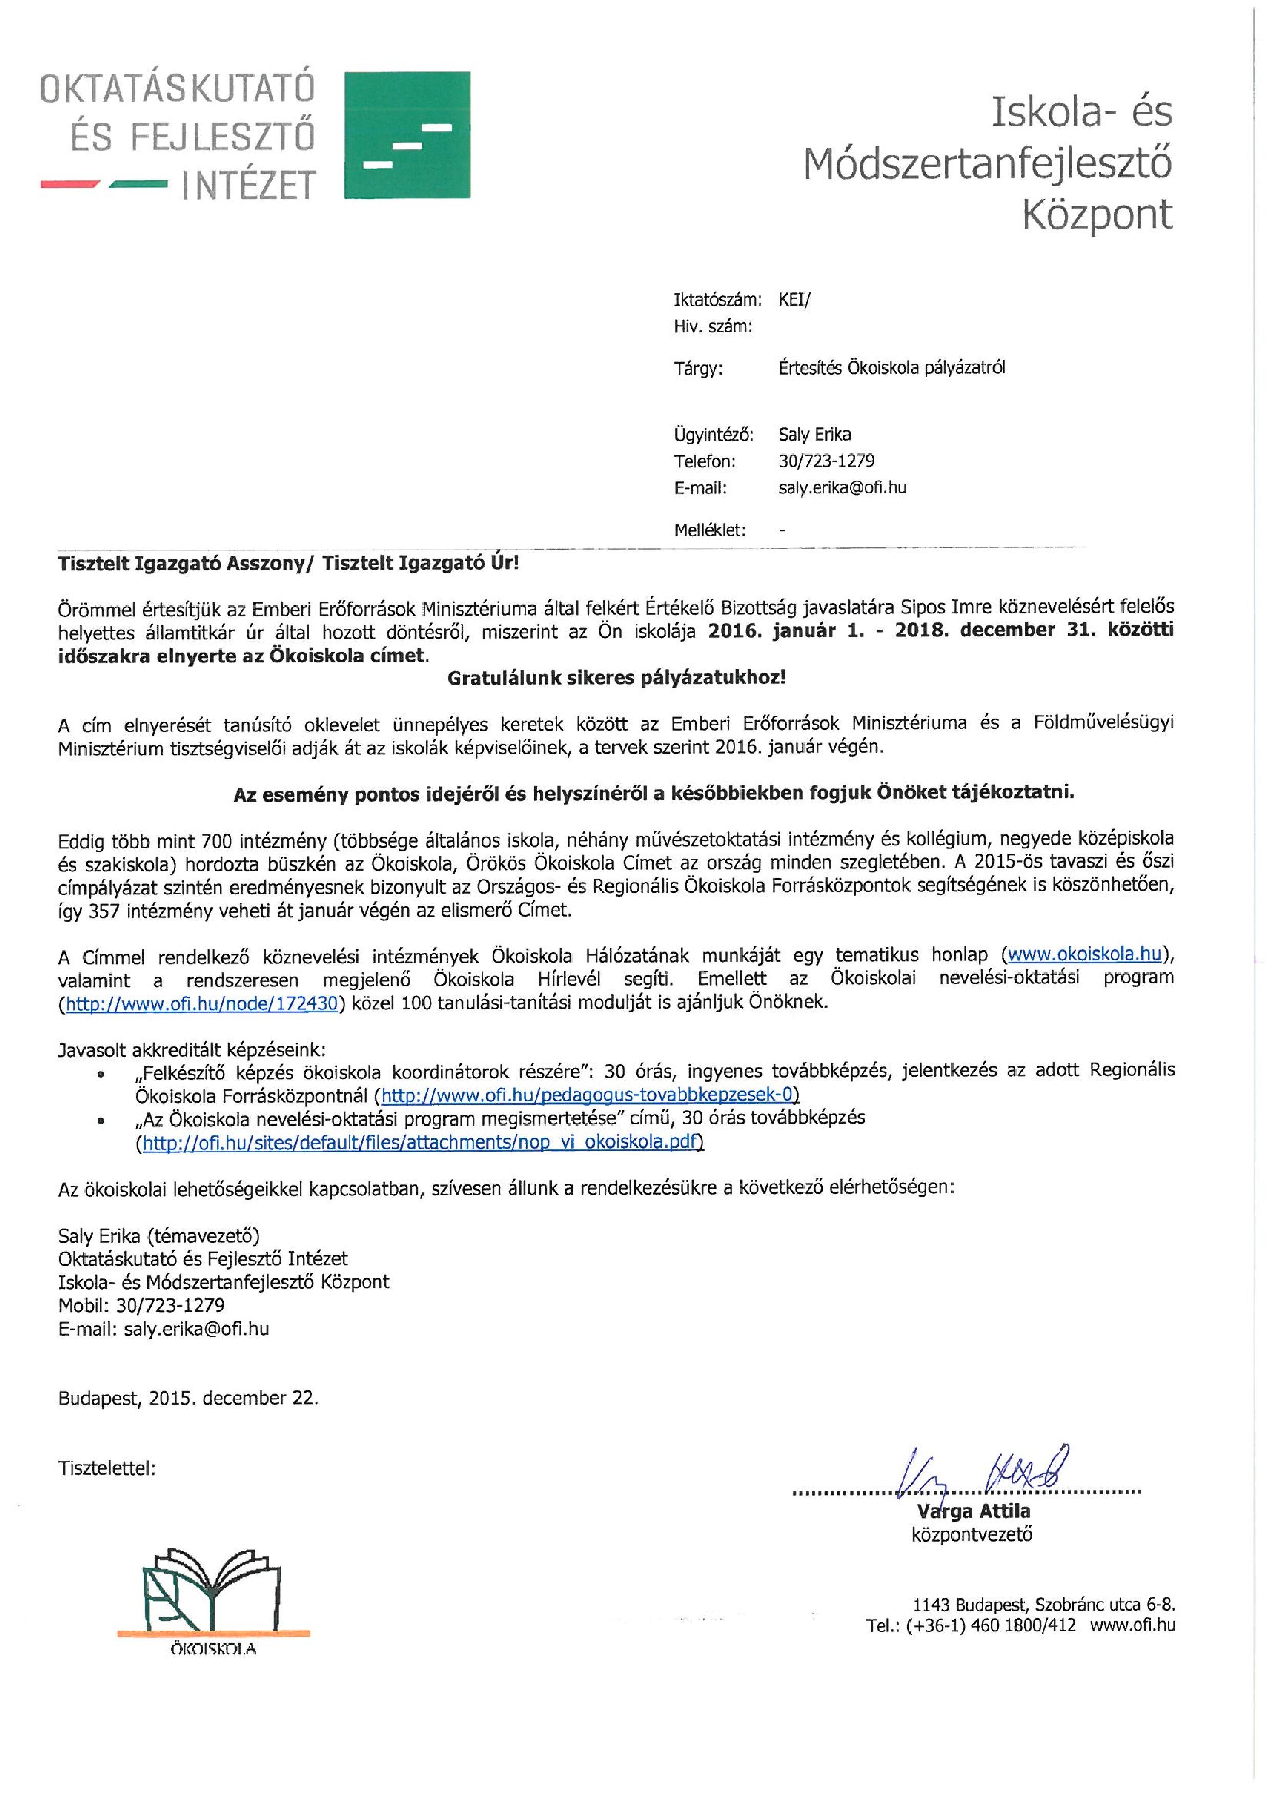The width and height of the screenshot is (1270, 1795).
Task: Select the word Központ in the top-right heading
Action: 1097,215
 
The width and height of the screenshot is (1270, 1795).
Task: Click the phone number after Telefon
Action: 826,461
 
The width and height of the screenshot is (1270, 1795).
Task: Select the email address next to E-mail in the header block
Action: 842,488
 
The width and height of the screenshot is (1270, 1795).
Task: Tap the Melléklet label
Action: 709,530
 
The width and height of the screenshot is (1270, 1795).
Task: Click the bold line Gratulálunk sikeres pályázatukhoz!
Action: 616,678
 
